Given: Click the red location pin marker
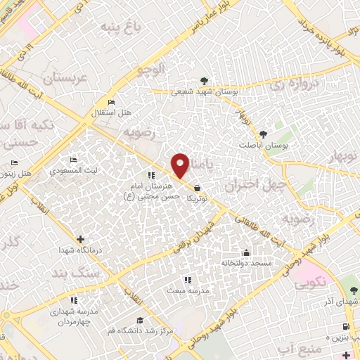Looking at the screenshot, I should [181, 165].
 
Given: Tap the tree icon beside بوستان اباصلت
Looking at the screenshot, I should [264, 134].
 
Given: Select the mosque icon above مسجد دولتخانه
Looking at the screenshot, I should [246, 253].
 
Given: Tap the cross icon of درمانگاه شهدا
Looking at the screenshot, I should [80, 240].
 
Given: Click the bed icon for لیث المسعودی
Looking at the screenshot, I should [75, 160].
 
